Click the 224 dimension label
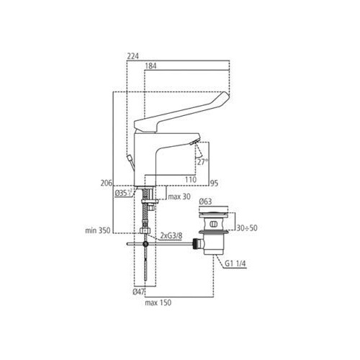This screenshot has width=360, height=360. point(133,56)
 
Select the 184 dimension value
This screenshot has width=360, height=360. point(150,66)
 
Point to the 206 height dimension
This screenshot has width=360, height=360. point(107,183)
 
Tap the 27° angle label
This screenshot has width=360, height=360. point(202,162)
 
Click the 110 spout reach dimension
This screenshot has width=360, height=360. point(191,179)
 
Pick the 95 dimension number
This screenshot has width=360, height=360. point(214,184)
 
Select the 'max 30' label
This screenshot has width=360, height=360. point(179,197)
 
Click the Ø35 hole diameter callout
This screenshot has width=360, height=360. point(123,193)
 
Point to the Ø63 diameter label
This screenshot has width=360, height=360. point(205,202)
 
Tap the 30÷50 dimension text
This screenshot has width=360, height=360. point(247,228)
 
